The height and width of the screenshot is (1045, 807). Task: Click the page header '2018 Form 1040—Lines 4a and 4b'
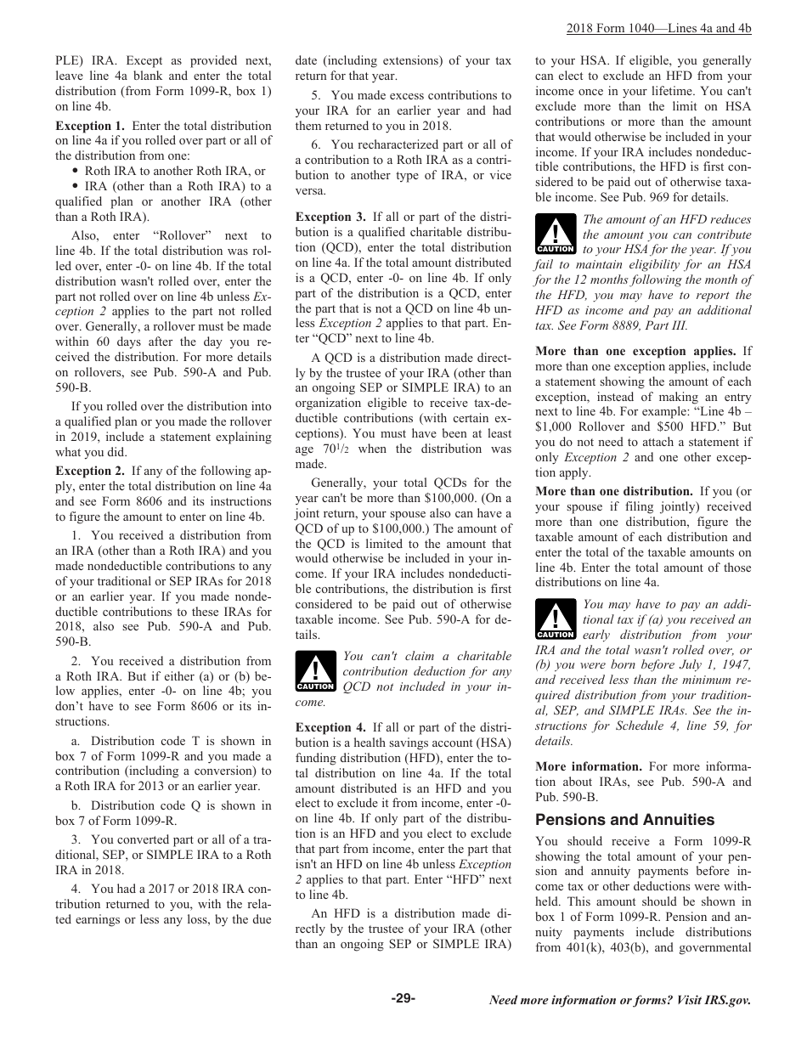coord(658,28)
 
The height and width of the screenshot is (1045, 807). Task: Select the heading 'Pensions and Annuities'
coord(624,820)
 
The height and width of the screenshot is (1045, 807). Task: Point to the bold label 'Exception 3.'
coord(330,217)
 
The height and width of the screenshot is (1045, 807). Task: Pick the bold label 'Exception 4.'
coord(330,728)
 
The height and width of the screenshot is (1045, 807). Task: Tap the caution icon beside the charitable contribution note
coord(315,670)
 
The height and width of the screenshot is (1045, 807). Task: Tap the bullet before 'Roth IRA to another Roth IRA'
coord(76,172)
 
